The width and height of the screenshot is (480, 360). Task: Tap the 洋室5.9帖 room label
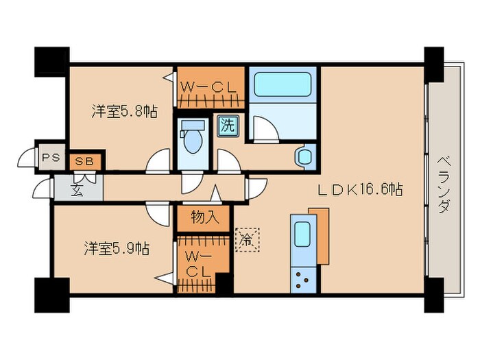click(x=117, y=248)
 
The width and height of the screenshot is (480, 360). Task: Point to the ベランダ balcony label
click(x=444, y=186)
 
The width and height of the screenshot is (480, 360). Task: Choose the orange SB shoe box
click(x=84, y=161)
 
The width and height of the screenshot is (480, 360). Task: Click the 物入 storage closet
click(x=205, y=219)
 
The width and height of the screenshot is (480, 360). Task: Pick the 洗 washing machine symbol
click(x=226, y=125)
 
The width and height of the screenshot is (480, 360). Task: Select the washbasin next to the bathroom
click(x=304, y=156)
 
